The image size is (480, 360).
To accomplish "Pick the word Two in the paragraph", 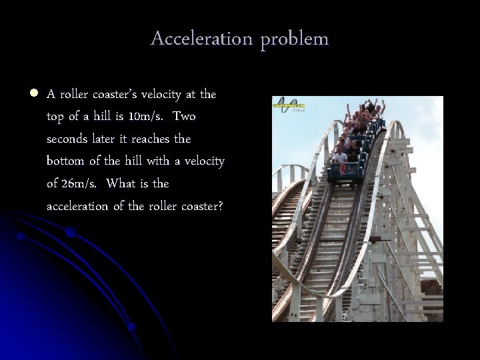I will click(x=183, y=117).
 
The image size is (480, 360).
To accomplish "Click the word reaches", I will click(x=154, y=139).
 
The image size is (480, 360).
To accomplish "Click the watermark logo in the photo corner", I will click(x=289, y=105).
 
